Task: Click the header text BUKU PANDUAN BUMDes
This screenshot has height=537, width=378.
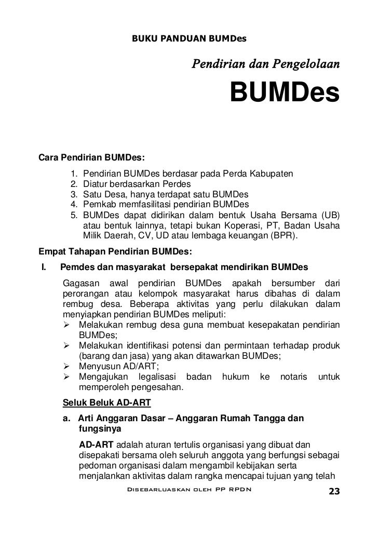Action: tap(189, 38)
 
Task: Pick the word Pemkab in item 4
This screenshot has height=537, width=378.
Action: tap(98, 204)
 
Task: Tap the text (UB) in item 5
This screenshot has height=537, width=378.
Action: tap(330, 214)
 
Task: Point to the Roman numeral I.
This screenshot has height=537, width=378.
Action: tap(44, 267)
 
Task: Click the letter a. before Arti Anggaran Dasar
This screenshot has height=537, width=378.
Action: tap(66, 419)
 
